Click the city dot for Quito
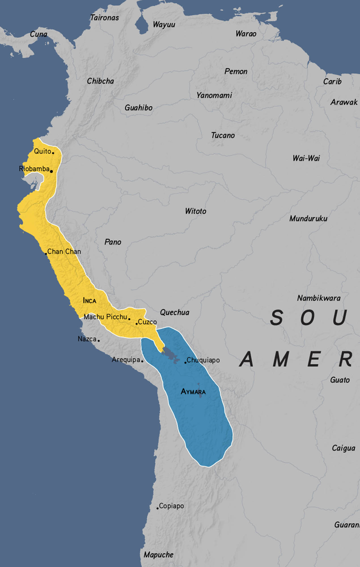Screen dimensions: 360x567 [x=53, y=153]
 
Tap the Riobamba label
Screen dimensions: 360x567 [x=34, y=169]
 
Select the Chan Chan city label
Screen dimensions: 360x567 [x=64, y=251]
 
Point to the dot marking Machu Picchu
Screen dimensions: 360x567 [x=129, y=319]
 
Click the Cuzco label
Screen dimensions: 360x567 [x=147, y=322]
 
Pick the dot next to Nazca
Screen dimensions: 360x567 [x=99, y=340]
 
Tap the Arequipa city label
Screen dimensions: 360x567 [x=126, y=360]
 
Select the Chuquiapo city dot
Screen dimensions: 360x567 [x=185, y=363]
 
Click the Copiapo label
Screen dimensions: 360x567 [x=171, y=506]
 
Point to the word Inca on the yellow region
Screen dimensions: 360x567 [x=90, y=301]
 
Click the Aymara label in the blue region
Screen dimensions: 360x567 [x=193, y=392]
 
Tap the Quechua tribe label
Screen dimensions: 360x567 [x=175, y=312]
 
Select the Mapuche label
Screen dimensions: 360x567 [x=158, y=555]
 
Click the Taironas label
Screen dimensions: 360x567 [x=105, y=18]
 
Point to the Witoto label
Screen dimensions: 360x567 [x=196, y=211]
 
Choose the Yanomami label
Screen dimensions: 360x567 [x=214, y=95]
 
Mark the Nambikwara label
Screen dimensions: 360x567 [x=319, y=298]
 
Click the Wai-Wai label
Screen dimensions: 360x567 [x=306, y=158]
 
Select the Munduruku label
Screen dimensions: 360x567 [x=308, y=219]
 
